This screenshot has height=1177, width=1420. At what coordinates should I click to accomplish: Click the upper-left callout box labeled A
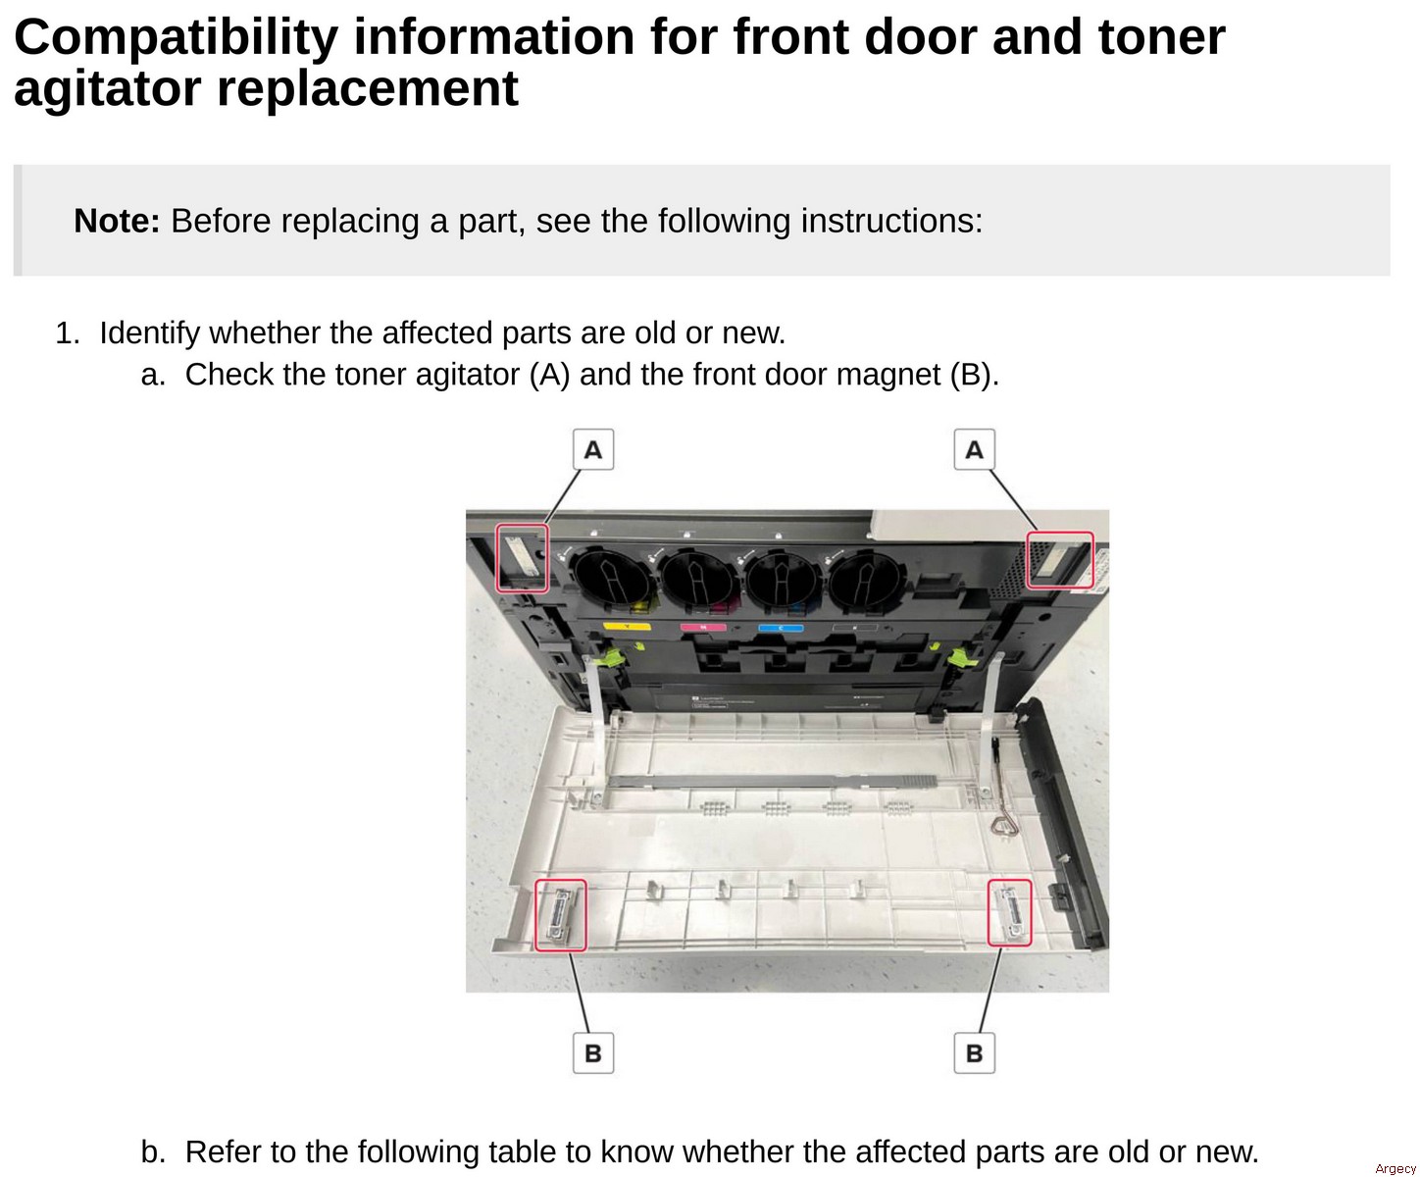[x=593, y=449]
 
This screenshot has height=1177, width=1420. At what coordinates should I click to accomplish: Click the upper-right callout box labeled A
[x=974, y=449]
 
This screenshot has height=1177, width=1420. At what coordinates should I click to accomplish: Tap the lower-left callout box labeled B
[x=593, y=1052]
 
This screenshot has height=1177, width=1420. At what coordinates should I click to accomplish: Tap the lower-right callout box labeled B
[x=974, y=1052]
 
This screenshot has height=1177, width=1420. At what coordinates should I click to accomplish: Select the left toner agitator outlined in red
[x=522, y=557]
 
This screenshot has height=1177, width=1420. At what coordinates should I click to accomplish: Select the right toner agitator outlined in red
[x=1059, y=560]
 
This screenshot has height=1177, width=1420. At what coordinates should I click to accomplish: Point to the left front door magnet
[x=561, y=915]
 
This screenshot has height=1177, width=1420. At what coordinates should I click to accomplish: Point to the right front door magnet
[x=1009, y=912]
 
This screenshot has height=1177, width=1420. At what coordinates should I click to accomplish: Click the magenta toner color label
[x=702, y=628]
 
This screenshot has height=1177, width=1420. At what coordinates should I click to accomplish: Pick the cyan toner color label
[x=781, y=628]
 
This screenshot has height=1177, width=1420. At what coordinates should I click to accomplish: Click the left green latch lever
[x=615, y=660]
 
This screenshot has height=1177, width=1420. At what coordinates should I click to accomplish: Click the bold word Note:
[x=117, y=221]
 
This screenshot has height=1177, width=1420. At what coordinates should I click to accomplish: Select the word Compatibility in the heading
[x=176, y=37]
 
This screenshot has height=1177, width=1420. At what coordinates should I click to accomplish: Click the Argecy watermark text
[x=1395, y=1167]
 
